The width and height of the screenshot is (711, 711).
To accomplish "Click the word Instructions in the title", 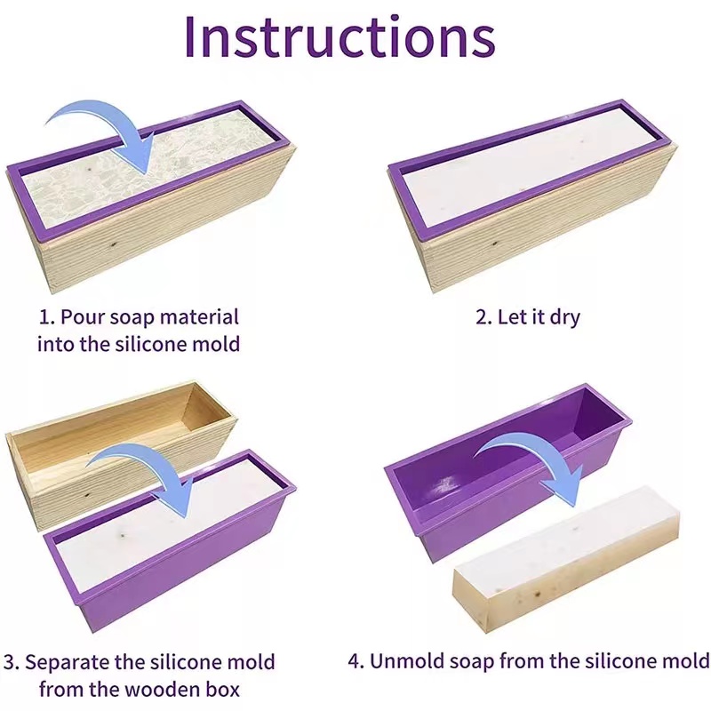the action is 340,36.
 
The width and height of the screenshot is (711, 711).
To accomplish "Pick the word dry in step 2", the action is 564,318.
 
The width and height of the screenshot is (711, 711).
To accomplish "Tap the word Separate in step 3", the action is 67,662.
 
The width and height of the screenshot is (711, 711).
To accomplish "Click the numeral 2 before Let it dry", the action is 481,317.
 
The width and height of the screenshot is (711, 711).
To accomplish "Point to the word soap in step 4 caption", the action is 472,661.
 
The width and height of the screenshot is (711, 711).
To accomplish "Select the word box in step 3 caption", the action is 223,690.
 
